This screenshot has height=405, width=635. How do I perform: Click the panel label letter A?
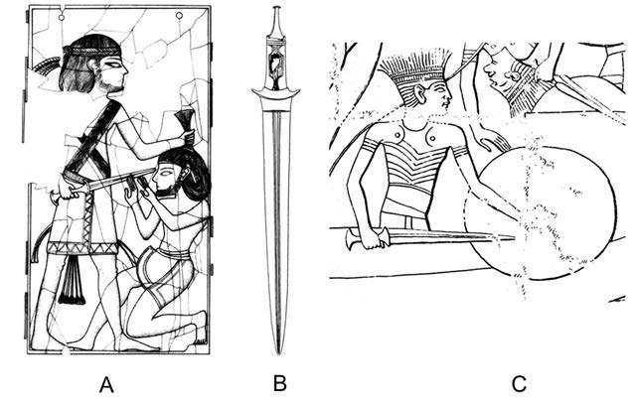[x=106, y=384]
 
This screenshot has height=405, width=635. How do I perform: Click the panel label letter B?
[x=280, y=383]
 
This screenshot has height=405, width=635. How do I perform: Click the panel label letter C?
[x=519, y=384]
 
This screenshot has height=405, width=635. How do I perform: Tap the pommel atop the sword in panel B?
[x=276, y=9]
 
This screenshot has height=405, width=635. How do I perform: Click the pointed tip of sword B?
[x=278, y=352]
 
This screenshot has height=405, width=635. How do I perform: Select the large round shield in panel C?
[x=539, y=213]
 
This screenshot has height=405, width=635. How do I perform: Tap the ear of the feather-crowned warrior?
[x=421, y=94]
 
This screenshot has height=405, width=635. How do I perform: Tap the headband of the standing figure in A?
[x=92, y=52]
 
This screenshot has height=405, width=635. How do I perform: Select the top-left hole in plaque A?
[x=62, y=18]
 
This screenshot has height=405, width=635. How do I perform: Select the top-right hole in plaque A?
[x=179, y=16]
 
